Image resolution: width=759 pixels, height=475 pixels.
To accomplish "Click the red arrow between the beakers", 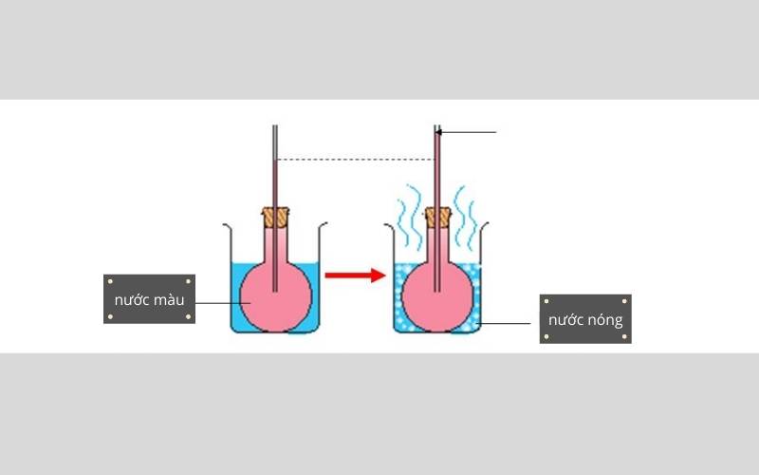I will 354,275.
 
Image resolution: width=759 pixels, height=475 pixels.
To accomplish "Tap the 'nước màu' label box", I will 149,299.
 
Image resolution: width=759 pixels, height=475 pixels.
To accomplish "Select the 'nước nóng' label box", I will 585,318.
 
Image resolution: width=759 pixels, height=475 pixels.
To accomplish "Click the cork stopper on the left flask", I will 275,218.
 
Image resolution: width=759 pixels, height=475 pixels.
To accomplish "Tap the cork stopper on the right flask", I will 437,218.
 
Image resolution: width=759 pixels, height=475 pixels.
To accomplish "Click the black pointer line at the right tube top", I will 470,132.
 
